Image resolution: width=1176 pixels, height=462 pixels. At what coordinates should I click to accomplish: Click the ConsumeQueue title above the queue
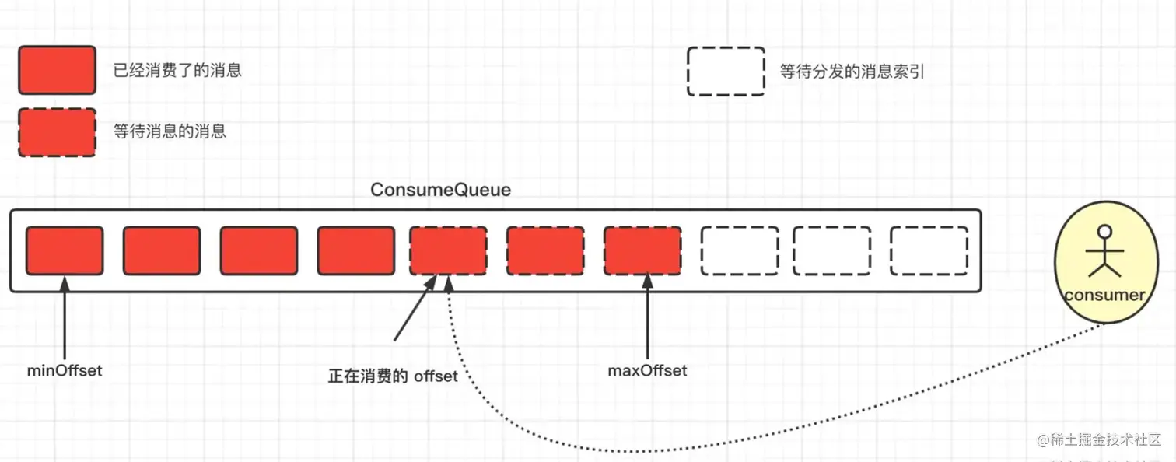(440, 190)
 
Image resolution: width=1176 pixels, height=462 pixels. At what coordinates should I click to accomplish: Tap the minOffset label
(65, 370)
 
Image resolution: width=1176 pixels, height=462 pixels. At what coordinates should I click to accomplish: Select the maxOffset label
(647, 370)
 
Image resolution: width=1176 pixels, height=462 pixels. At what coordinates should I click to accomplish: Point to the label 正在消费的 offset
(393, 376)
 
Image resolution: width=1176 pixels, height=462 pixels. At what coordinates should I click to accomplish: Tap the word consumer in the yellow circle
(1104, 296)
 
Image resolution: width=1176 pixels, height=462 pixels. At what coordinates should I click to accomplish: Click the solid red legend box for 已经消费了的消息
(57, 71)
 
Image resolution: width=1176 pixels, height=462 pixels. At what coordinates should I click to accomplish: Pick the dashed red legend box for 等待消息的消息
(57, 132)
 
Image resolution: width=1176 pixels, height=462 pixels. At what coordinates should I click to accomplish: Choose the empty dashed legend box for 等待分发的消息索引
(726, 72)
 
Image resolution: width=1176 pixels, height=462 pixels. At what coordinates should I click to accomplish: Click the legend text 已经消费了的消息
(177, 70)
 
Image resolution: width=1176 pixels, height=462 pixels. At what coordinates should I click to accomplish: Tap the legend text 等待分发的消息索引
(852, 72)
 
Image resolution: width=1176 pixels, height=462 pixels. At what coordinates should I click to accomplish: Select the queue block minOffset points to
(65, 250)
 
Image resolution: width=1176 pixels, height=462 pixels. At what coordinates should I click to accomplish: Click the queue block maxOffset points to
(642, 250)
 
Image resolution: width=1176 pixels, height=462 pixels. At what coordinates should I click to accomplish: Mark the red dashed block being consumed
(448, 250)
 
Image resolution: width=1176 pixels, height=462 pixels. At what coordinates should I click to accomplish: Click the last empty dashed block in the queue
(929, 250)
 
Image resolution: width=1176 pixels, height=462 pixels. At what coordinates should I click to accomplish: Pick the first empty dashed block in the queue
(739, 250)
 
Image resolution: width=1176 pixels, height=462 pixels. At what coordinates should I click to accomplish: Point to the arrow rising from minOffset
(65, 319)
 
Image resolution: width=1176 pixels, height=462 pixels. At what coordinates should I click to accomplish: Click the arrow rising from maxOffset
(647, 319)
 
